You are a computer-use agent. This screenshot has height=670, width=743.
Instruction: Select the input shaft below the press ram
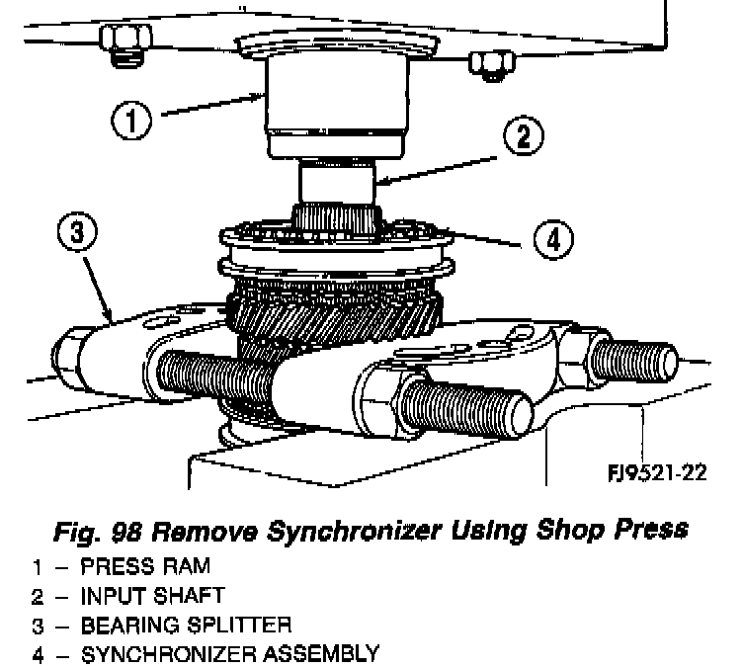tap(336, 183)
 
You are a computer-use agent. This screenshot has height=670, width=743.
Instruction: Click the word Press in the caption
tap(653, 531)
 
